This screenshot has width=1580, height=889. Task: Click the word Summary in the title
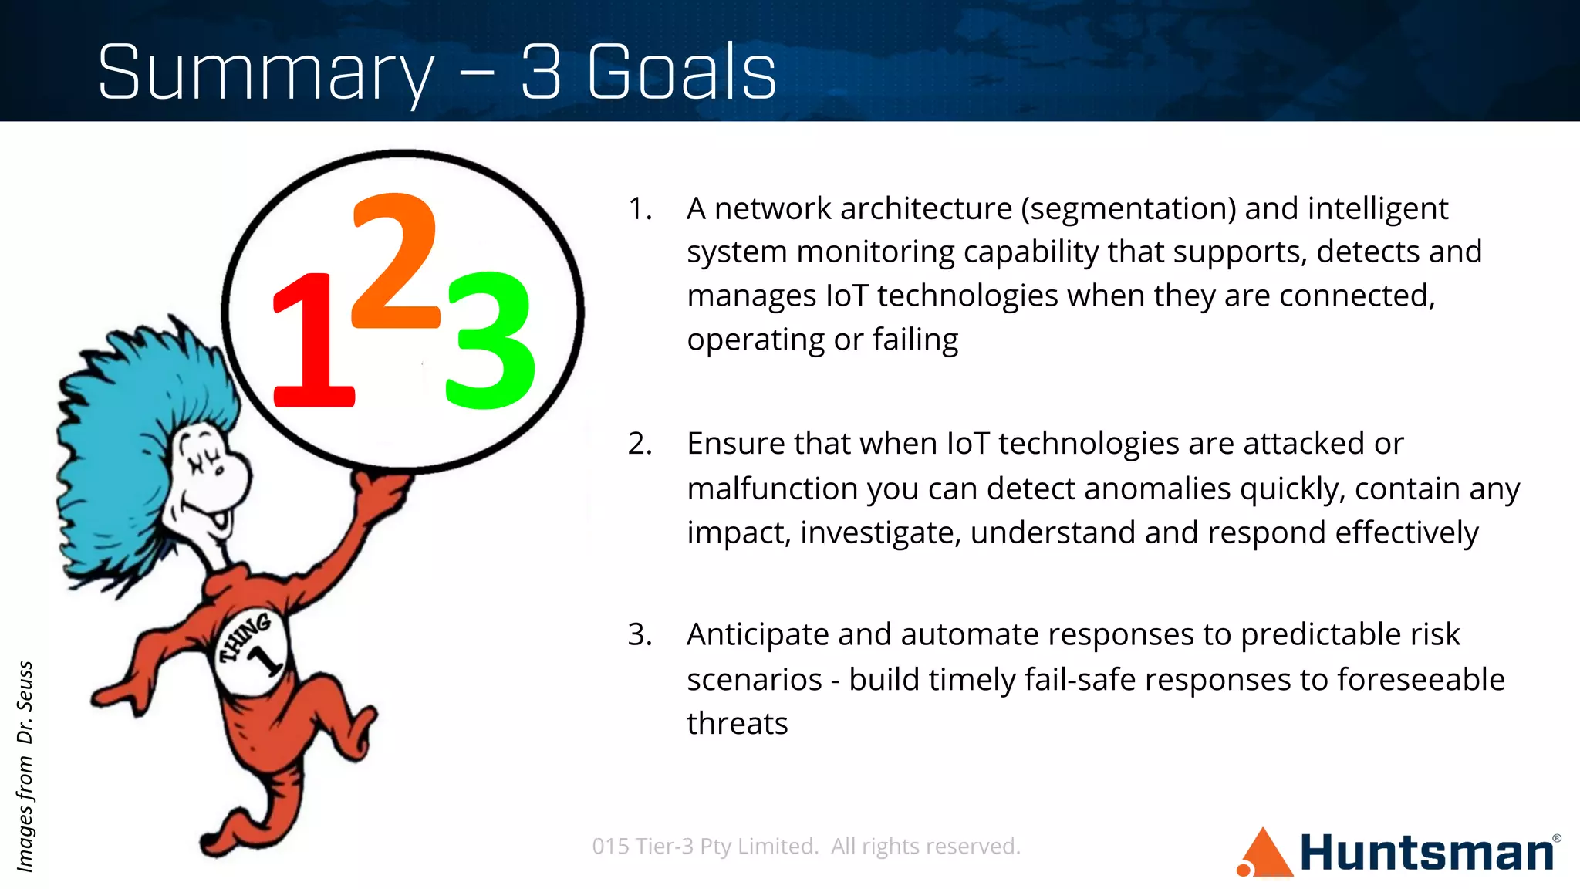(266, 73)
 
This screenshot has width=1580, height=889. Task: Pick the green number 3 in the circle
(489, 340)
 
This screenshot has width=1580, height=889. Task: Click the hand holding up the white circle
(382, 491)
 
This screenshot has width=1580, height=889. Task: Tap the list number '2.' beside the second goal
(640, 444)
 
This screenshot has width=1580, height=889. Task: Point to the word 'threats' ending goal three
(737, 724)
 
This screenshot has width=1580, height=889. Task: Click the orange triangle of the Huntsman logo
(1265, 855)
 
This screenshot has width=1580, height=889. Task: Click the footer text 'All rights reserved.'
(925, 847)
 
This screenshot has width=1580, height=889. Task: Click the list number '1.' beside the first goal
(640, 209)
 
